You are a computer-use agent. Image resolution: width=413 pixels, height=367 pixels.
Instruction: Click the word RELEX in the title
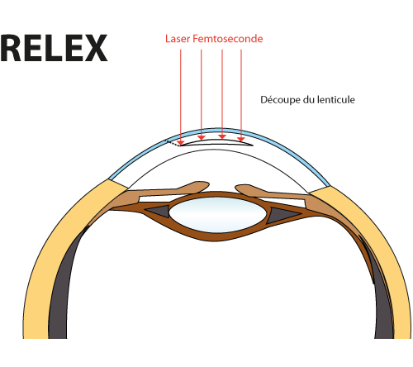[x=54, y=48]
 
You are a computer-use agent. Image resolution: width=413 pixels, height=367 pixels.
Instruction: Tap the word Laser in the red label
[x=178, y=39]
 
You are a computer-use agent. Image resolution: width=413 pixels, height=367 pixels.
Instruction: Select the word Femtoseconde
[x=228, y=39]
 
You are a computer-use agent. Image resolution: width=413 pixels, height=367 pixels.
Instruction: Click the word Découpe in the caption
[x=281, y=100]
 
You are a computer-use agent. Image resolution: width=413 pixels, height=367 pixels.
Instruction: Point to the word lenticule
[x=336, y=99]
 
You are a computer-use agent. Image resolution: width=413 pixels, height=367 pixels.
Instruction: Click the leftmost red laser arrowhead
[x=181, y=143]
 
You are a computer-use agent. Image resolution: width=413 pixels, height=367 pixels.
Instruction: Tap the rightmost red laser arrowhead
[x=241, y=140]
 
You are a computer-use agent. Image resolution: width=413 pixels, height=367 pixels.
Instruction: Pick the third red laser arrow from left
[x=222, y=94]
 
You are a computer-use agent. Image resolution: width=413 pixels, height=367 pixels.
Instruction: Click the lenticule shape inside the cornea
[x=216, y=142]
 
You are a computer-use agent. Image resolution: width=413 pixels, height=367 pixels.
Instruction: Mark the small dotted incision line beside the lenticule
[x=172, y=143]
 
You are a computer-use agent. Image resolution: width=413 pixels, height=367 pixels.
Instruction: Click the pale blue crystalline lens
[x=218, y=215]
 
